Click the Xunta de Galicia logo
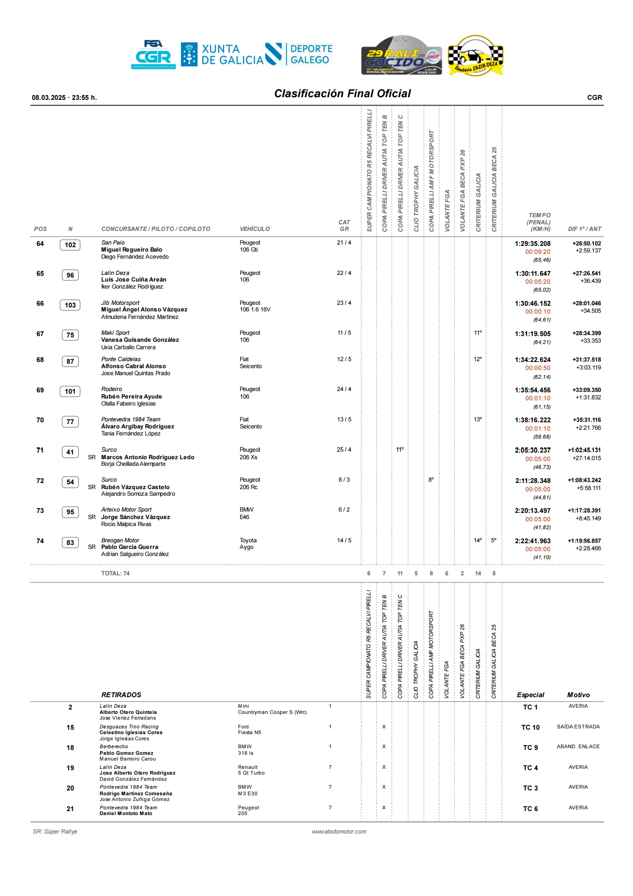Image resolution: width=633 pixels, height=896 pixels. click(222, 55)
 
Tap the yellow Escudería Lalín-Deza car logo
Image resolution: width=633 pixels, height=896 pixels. click(476, 55)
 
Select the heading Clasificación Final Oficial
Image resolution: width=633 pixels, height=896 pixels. click(342, 94)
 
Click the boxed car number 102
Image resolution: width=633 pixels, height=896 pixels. click(70, 245)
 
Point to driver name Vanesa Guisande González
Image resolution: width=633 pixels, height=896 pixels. click(140, 340)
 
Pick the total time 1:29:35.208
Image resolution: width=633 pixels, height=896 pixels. click(532, 244)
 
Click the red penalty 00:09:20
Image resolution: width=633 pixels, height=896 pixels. click(538, 252)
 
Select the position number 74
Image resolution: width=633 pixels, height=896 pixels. click(40, 541)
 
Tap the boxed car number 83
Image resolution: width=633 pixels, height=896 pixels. click(70, 543)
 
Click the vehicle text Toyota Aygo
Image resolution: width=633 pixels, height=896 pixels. click(248, 544)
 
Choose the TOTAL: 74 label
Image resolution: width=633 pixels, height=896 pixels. click(115, 573)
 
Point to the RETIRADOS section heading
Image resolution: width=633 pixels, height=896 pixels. click(121, 695)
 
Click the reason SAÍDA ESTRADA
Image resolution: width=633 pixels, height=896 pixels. click(578, 727)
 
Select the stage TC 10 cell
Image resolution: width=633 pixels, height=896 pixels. click(530, 728)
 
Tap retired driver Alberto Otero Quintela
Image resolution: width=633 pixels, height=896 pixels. click(128, 712)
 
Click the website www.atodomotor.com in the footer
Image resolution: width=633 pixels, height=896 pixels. click(339, 831)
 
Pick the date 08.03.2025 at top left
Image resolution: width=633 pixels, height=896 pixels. click(48, 98)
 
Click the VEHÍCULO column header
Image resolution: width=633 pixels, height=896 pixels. click(255, 229)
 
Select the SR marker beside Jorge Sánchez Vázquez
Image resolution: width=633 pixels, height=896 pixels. click(91, 517)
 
